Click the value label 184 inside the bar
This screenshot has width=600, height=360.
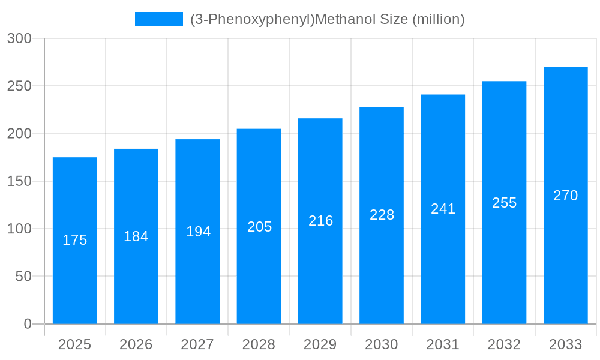(136, 236)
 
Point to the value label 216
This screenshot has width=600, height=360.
(320, 221)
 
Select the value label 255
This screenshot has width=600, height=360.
(504, 203)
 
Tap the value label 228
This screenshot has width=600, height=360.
(382, 215)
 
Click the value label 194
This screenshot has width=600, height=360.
(198, 232)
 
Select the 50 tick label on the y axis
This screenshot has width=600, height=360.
(23, 277)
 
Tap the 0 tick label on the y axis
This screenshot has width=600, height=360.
(27, 324)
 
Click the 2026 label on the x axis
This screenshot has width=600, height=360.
(136, 344)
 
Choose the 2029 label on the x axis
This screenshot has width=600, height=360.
(320, 344)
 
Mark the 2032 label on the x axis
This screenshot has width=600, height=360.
(504, 344)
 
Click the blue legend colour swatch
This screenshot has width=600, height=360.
(159, 19)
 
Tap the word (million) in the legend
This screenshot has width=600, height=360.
(439, 19)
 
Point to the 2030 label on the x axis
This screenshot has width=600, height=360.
(382, 344)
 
